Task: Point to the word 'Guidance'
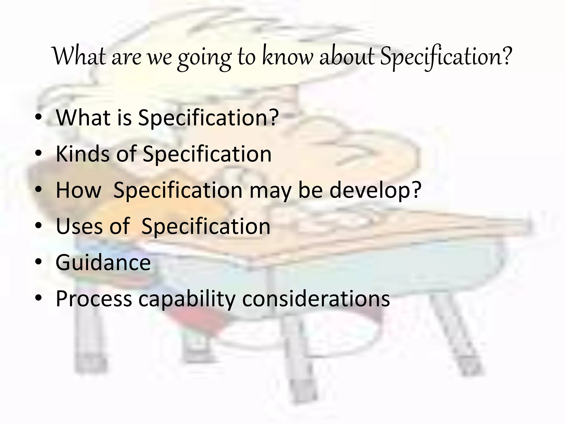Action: (x=103, y=263)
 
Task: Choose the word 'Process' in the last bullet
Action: (x=94, y=299)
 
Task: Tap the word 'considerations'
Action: (x=316, y=299)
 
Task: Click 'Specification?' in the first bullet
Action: (x=208, y=118)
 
